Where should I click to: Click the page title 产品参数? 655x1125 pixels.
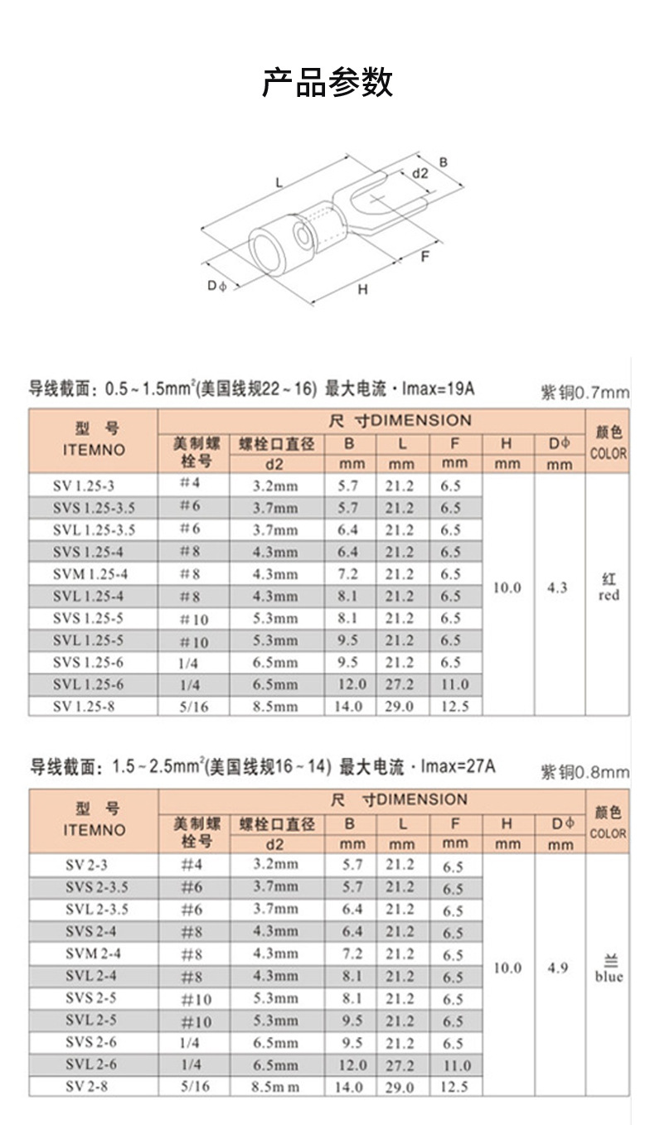point(327,83)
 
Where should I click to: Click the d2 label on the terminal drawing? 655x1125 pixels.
point(420,173)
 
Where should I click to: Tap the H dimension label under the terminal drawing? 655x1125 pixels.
point(362,289)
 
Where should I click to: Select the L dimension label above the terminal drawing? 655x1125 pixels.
point(279,181)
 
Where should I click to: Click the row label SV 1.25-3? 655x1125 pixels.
point(93,485)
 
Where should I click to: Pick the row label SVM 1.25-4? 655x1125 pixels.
point(93,573)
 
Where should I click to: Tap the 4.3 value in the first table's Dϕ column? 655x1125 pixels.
point(558,587)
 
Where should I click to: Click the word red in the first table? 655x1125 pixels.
point(609,595)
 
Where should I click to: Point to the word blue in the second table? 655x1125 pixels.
point(609,976)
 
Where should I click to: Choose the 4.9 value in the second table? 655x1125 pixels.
point(558,968)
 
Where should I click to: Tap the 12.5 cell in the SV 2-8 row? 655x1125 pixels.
point(454,1087)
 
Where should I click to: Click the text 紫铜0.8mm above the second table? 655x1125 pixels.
point(585,773)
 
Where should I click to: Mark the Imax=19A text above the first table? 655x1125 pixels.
point(439,389)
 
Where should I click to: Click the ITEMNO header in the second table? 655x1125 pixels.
point(94,830)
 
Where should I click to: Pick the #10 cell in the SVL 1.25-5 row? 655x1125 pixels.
point(194,642)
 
